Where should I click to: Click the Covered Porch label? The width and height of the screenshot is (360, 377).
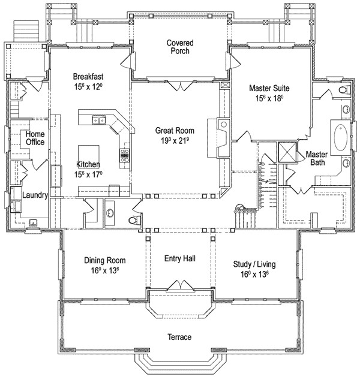coord(180,47)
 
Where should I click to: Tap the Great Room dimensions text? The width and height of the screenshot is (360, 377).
coord(175,141)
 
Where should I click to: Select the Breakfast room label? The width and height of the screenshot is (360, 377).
coord(88,77)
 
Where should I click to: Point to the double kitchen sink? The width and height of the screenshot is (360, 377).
coord(98,119)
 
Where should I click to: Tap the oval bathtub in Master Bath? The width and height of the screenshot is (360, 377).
coord(341,137)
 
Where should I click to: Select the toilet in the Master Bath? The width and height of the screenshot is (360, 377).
coord(345,90)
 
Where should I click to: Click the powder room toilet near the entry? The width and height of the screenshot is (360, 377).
coord(134,220)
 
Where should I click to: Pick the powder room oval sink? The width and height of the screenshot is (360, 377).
coord(110,213)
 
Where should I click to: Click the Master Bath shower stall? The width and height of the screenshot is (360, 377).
coord(287,152)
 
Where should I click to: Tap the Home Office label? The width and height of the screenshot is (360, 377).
coord(35,138)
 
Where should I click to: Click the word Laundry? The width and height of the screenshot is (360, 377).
coord(35,195)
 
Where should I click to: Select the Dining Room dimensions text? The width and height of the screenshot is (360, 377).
coord(105,270)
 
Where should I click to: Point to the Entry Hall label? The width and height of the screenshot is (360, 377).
coord(180,258)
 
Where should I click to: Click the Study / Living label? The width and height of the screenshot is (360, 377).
coord(254,264)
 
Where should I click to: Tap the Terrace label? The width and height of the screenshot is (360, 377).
coord(179,337)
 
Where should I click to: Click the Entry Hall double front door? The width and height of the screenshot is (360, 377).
coord(180,285)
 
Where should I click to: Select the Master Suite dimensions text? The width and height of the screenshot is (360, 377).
coord(269,98)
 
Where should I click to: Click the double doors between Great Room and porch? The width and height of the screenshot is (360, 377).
coord(180,86)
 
